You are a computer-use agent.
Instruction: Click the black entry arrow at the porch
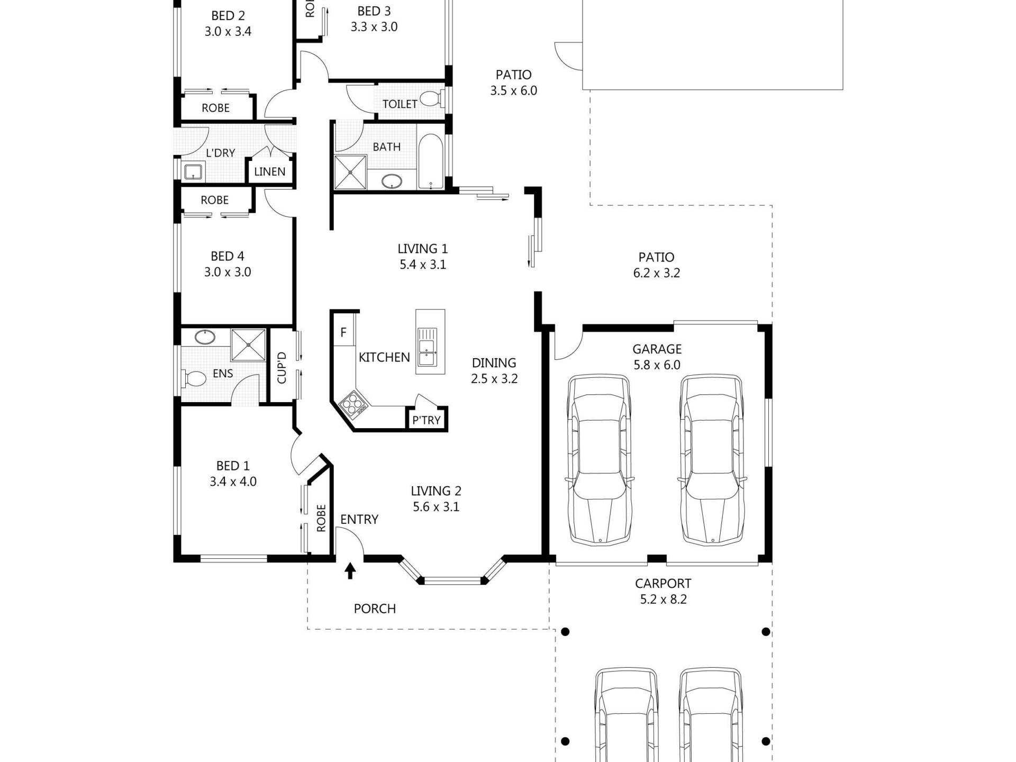click(350, 570)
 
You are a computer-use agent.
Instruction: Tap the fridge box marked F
click(344, 332)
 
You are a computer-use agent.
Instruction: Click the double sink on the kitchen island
click(426, 347)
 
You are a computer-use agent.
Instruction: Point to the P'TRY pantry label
click(427, 420)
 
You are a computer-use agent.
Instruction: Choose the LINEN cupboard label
click(270, 171)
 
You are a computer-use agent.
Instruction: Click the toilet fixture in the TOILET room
click(432, 98)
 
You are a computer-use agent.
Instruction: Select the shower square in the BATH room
click(350, 172)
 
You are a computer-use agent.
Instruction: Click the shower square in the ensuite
click(248, 344)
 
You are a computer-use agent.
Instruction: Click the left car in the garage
click(600, 460)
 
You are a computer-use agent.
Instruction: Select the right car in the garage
click(713, 460)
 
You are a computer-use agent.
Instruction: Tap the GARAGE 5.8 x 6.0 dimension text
click(657, 365)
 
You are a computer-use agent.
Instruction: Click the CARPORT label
click(663, 584)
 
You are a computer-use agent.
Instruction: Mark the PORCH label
click(375, 609)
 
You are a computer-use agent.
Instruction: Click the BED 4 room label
click(228, 256)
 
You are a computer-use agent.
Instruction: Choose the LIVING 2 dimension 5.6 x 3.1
click(436, 507)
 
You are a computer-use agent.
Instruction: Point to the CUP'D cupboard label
click(282, 368)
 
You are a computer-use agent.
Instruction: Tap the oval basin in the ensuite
click(204, 337)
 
